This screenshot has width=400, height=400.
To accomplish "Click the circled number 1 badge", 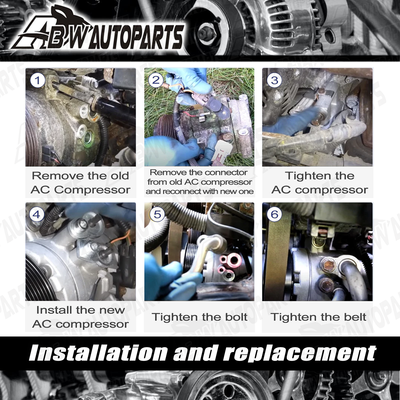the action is click(37, 80).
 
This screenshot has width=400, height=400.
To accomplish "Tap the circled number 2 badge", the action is click(156, 80).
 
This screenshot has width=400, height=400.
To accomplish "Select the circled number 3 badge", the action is click(274, 80).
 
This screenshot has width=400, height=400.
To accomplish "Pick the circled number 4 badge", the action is click(36, 214).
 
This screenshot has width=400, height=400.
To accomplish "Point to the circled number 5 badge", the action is click(157, 214).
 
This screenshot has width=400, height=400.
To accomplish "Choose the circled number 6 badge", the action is click(274, 214).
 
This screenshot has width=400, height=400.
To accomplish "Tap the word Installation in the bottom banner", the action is click(98, 353).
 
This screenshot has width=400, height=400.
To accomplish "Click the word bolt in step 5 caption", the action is click(236, 317).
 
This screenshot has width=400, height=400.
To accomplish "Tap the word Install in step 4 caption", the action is click(54, 310).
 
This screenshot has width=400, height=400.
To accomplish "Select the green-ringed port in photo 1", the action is click(88, 137).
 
